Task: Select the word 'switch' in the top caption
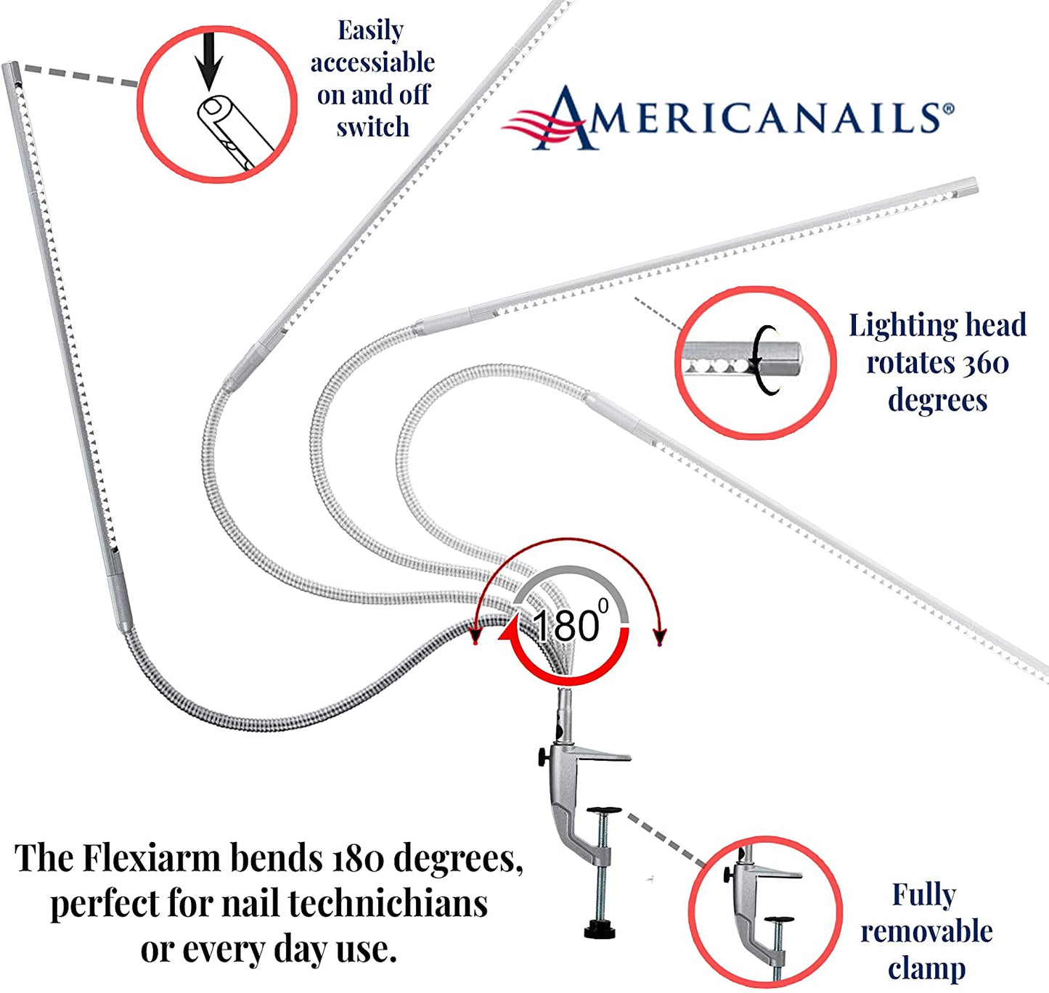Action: coord(373,127)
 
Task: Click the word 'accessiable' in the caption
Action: coord(373,63)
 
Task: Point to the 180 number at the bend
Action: coord(566,625)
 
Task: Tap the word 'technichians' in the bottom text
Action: coord(388,904)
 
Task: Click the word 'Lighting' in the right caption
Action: coord(899,326)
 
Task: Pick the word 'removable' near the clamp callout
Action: coord(926,931)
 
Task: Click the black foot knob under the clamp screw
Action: coord(602,930)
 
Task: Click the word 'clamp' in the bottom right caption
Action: coord(926,968)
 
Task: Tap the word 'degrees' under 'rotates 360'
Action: coord(937,400)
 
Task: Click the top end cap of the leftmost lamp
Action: coord(11,71)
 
